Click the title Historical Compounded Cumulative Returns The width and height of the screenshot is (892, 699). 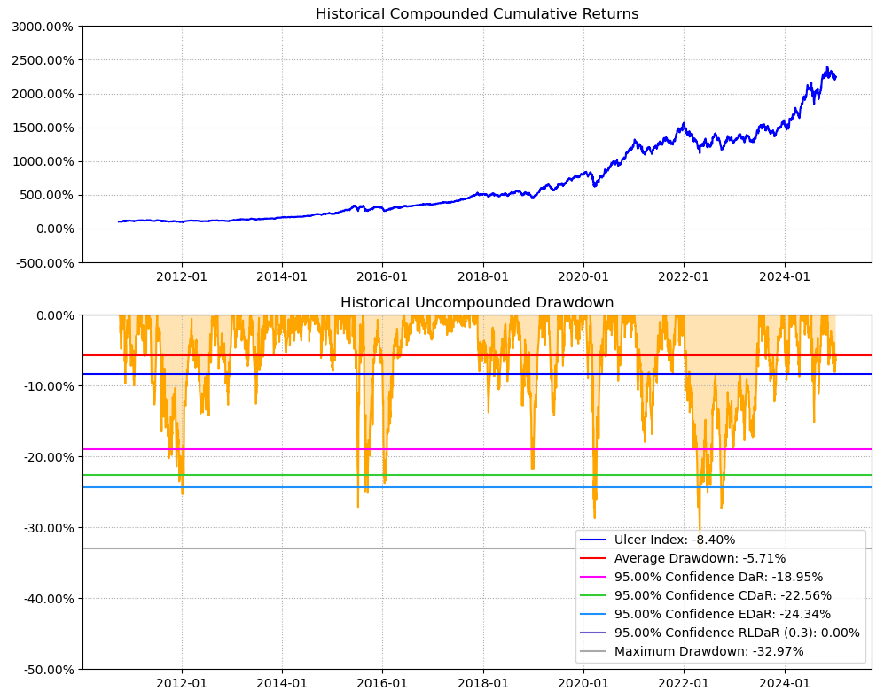click(477, 13)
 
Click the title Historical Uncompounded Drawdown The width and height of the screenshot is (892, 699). click(477, 302)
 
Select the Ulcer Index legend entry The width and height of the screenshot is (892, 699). click(675, 540)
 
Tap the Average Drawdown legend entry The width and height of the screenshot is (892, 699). click(700, 558)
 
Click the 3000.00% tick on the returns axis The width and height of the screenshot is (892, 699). click(43, 27)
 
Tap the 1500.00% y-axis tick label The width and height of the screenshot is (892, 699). click(43, 128)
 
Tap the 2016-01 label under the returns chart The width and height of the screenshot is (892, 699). click(382, 276)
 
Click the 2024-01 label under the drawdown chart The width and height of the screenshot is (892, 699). click(785, 683)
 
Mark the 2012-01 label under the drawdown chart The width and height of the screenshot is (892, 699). click(182, 683)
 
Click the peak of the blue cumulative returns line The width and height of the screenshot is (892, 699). click(827, 67)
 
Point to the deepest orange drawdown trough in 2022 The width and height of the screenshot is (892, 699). click(700, 530)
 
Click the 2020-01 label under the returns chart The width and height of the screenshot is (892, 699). click(583, 276)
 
